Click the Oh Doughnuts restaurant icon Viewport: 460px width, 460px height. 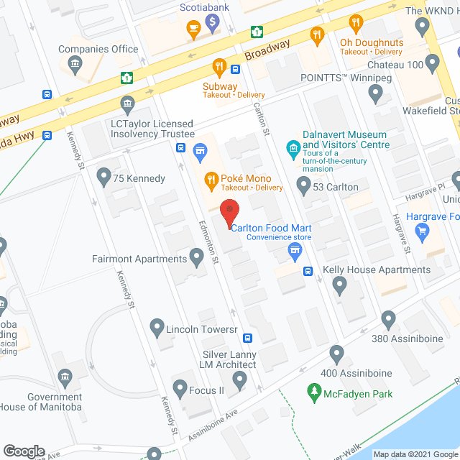coord(316,33)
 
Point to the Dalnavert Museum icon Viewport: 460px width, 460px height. coord(293,149)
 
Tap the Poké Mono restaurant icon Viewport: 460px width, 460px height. coord(212,178)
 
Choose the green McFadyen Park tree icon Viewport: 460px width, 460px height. coord(313,392)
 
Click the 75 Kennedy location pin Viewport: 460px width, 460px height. coord(103,176)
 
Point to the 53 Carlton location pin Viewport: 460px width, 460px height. coord(303,187)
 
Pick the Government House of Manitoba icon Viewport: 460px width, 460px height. coord(65,377)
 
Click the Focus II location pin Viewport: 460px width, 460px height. coord(179,390)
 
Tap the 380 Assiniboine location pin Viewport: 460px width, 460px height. coord(389,318)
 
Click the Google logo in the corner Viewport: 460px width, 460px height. coord(24,451)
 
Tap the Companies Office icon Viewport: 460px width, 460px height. coord(74,65)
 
